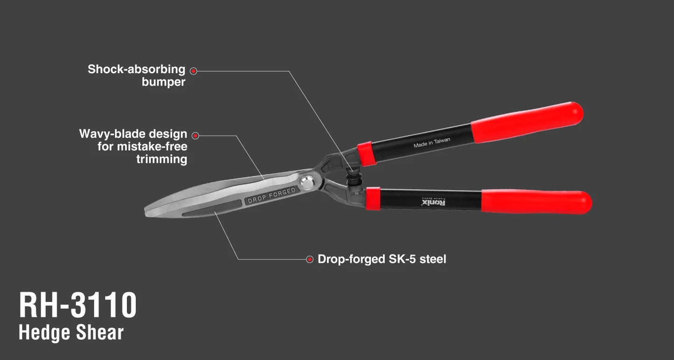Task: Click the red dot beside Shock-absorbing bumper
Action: click(194, 71)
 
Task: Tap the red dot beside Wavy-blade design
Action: click(195, 136)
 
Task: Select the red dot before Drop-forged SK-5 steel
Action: click(310, 259)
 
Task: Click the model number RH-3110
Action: click(78, 305)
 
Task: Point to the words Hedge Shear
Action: click(71, 332)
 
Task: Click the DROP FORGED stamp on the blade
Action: click(272, 195)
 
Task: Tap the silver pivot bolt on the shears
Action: click(307, 182)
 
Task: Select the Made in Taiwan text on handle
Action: click(432, 143)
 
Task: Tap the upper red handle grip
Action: click(527, 122)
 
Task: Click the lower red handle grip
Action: click(536, 201)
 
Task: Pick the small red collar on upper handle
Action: click(367, 154)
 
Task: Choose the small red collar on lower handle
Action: click(373, 199)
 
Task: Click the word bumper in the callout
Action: click(163, 82)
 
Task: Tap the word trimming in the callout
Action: click(161, 159)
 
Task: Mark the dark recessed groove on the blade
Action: click(212, 208)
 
